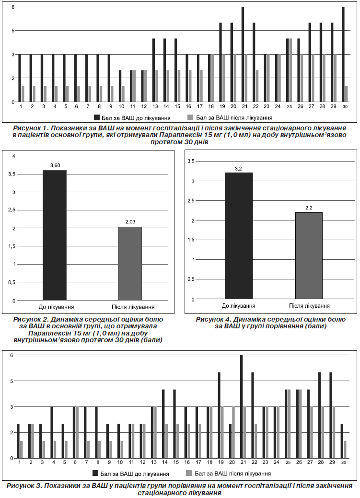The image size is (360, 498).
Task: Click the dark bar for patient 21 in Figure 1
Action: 243,54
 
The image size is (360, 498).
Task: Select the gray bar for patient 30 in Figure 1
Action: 346,94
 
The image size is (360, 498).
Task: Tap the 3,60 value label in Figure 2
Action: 55,165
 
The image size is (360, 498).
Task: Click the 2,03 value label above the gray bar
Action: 130,222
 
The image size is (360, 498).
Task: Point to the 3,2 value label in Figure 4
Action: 238,169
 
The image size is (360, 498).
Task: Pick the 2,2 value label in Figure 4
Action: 309,208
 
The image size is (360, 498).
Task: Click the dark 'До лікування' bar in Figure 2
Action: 55,235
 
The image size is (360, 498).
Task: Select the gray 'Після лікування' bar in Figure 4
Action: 309,255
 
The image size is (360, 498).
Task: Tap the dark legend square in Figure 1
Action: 97,118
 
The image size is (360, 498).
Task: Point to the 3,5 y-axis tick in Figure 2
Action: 12,174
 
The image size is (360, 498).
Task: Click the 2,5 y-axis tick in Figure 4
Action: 191,201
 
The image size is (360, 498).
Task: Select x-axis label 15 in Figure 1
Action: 177,107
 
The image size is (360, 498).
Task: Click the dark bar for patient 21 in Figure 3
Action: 242,407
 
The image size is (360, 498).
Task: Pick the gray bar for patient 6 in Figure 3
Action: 77,432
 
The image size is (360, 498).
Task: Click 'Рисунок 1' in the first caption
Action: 29,128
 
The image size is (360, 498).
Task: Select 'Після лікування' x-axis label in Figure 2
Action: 133,307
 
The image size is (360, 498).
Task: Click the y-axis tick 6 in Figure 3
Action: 12,355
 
